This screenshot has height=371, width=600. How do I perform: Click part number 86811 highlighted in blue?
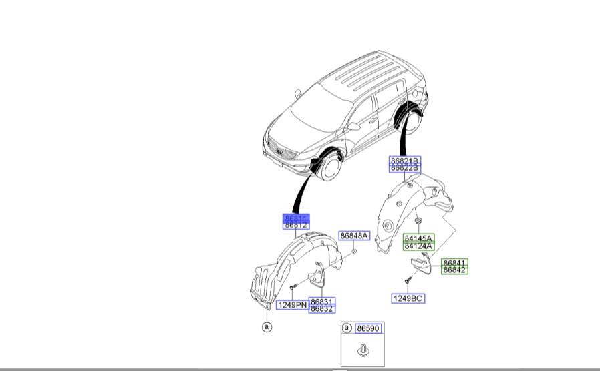click(x=295, y=218)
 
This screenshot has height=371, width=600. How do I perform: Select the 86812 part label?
click(x=295, y=226)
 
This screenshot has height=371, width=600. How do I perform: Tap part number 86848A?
click(x=353, y=236)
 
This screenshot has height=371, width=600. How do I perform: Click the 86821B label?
click(x=405, y=161)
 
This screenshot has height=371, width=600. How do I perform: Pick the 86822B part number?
click(x=405, y=169)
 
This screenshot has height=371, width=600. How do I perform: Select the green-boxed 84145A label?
click(x=418, y=238)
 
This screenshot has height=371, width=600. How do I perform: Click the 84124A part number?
click(x=418, y=246)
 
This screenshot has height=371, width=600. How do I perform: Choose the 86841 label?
click(x=454, y=263)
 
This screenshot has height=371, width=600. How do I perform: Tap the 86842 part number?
click(x=454, y=270)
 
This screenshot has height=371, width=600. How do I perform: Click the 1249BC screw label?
click(x=408, y=298)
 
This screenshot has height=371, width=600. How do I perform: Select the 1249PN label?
click(x=291, y=305)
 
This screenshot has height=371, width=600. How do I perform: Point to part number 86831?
click(x=322, y=301)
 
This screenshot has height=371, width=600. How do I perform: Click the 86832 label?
click(x=322, y=308)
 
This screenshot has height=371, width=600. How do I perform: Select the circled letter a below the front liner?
click(x=267, y=327)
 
